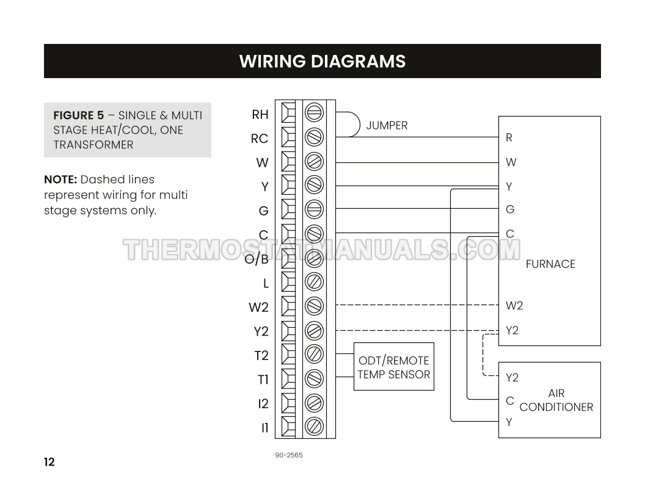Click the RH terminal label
click(x=260, y=114)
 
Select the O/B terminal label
click(x=257, y=259)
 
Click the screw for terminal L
click(x=314, y=282)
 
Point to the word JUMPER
click(x=387, y=126)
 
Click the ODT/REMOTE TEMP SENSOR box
click(x=394, y=367)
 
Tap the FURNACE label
click(x=550, y=264)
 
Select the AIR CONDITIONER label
click(x=556, y=400)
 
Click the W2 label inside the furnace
click(x=514, y=306)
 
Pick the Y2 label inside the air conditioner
click(x=512, y=378)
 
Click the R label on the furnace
click(x=509, y=138)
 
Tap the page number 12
click(x=49, y=462)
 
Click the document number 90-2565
click(x=289, y=455)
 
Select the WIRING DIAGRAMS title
click(x=322, y=61)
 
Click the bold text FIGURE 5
click(x=79, y=115)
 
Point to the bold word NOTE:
click(x=60, y=179)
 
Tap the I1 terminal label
click(x=264, y=428)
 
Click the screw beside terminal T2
click(x=314, y=354)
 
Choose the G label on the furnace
click(x=510, y=209)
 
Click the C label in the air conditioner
click(x=509, y=401)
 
